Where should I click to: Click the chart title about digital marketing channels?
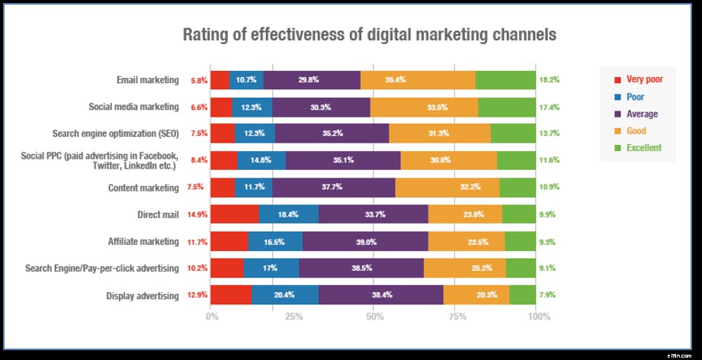[369, 35]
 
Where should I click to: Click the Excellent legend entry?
[643, 148]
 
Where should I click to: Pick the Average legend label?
[642, 114]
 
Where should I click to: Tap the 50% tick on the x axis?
[373, 316]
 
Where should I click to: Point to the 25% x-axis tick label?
[293, 316]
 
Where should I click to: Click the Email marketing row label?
[148, 80]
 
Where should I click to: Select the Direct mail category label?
[158, 215]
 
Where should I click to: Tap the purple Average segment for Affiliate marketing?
[365, 242]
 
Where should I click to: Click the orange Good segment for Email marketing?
[418, 80]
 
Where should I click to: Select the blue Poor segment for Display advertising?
[285, 296]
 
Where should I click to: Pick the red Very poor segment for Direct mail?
[235, 215]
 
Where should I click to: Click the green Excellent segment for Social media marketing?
[507, 108]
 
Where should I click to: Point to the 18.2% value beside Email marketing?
[549, 80]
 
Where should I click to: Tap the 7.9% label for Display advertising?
[547, 296]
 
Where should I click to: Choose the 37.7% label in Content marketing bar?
[333, 188]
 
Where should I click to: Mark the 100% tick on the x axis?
[537, 316]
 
